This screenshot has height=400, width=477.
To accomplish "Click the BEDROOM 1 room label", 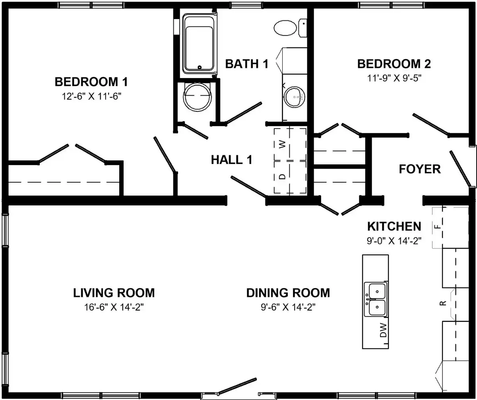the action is (91, 82).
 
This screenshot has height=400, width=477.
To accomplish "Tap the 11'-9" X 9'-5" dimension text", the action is (394, 78).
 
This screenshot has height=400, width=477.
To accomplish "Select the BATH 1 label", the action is (247, 64).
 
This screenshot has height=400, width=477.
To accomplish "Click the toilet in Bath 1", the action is (290, 28).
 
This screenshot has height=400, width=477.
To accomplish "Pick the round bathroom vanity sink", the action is (294, 97).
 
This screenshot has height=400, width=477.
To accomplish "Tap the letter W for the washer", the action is (283, 144).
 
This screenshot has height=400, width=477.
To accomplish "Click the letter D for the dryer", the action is (283, 177).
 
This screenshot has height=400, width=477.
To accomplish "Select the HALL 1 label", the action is (231, 160).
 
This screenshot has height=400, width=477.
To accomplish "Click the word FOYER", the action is (420, 169).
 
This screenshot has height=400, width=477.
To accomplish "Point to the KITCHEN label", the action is (394, 226).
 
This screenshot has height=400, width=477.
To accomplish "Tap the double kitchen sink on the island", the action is (376, 299).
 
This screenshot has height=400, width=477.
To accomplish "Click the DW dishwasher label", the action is (383, 330).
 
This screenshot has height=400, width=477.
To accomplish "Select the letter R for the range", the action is (443, 303).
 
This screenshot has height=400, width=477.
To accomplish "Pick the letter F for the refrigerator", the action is (437, 226).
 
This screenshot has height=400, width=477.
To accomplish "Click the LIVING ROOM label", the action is (114, 293).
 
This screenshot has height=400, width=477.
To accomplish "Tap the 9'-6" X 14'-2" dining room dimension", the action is (288, 307).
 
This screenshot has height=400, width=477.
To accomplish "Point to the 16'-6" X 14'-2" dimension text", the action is (114, 307).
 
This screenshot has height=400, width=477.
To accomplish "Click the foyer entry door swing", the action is (460, 169).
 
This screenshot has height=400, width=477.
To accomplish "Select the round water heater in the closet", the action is (198, 97).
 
